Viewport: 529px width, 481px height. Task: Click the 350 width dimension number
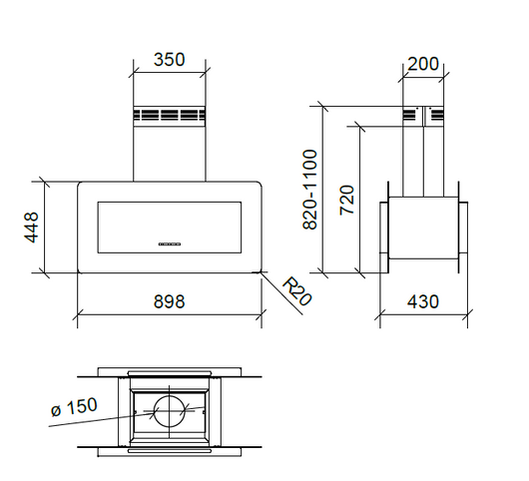click(169, 60)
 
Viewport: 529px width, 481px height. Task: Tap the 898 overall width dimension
click(169, 300)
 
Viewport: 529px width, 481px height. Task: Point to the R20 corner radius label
click(294, 292)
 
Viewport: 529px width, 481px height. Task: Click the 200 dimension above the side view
click(423, 64)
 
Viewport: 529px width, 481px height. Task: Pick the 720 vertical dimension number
click(346, 199)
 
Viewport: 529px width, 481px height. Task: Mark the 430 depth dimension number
click(422, 301)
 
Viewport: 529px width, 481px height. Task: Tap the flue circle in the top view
click(170, 412)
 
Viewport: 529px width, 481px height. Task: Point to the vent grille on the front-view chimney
click(169, 115)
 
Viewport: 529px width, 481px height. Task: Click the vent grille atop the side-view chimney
click(423, 115)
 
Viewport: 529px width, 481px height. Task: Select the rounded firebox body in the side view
click(423, 235)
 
